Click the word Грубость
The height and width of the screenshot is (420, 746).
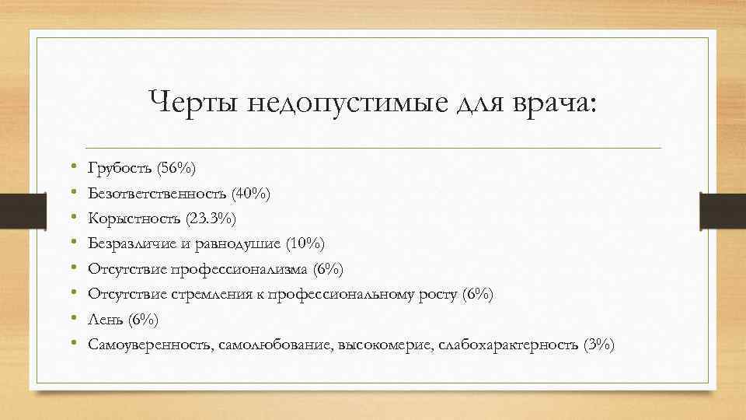(120, 168)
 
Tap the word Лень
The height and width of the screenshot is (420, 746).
(105, 319)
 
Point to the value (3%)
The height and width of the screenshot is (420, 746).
(598, 345)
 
